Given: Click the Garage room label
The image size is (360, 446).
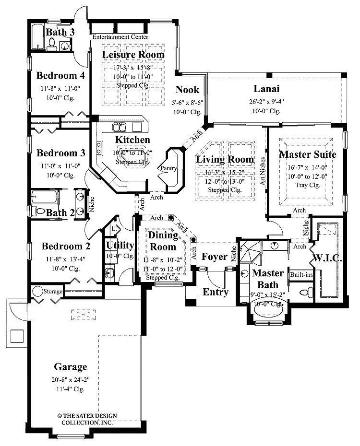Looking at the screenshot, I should coord(70,367).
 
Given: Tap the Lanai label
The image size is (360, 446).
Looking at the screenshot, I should coord(266,89).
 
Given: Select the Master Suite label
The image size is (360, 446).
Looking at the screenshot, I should coord(307,154).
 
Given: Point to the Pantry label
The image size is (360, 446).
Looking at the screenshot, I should coord(169,168).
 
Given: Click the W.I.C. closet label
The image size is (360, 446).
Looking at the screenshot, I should coord(327,258).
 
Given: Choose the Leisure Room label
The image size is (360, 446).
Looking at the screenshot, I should coord(133,55).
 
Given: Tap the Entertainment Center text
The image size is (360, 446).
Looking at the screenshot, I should coord(120,37).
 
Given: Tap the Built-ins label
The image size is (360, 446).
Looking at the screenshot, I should coord(301,275).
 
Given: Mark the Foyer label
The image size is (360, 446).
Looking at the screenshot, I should coord(214,257).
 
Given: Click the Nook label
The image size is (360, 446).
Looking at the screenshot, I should coord(188,89).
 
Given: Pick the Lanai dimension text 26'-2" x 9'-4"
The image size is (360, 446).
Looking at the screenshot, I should coord(267,101).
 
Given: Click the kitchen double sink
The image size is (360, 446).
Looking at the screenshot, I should coord(120,127).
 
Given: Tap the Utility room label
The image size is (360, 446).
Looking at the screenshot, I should coord(120,246).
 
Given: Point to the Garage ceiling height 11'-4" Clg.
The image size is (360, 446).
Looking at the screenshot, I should coord(70,388).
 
